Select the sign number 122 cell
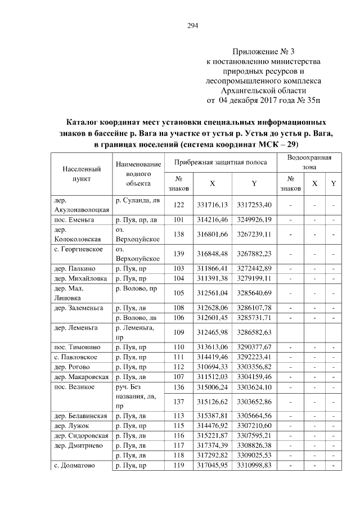[x=179, y=204]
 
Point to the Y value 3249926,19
[x=254, y=219]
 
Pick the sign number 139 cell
[x=179, y=254]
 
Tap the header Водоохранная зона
[x=309, y=162]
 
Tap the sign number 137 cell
[x=179, y=402]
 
